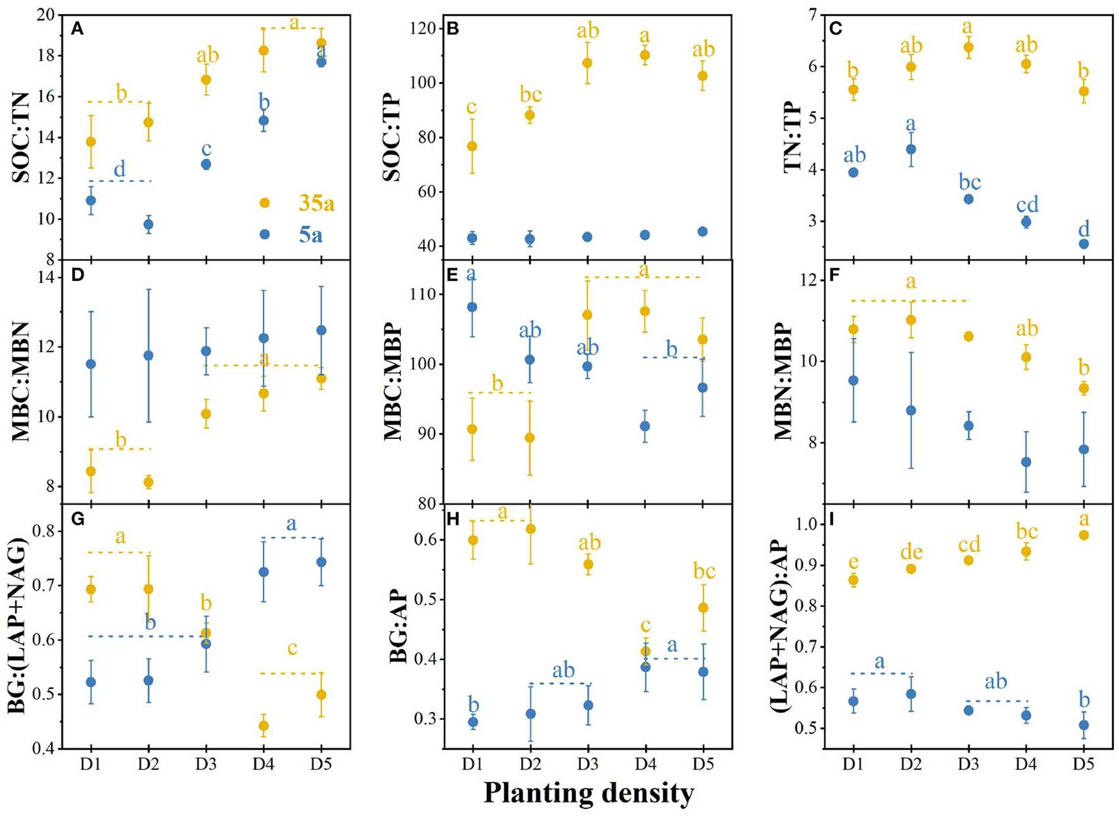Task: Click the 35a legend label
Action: click(316, 203)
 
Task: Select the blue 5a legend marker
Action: click(265, 234)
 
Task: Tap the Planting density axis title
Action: click(589, 793)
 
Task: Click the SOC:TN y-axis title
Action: click(21, 137)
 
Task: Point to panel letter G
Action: click(78, 519)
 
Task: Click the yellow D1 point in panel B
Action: click(472, 146)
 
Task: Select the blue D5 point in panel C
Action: click(1083, 244)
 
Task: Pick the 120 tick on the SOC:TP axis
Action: click(434, 28)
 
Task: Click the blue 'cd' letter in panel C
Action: click(1027, 204)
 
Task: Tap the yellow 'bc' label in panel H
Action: click(703, 571)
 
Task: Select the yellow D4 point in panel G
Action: click(263, 726)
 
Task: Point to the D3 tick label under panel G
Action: click(206, 765)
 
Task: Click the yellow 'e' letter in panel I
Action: click(853, 561)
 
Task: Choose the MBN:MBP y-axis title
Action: click(783, 381)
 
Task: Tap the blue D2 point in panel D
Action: click(148, 356)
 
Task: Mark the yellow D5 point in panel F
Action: click(1083, 388)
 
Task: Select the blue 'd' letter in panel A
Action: click(119, 169)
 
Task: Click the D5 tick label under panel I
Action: click(1083, 765)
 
